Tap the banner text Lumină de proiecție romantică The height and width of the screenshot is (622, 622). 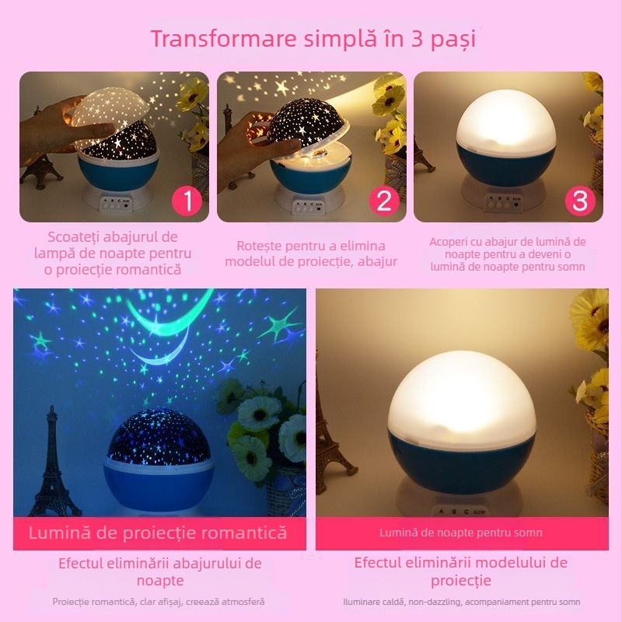click(158, 533)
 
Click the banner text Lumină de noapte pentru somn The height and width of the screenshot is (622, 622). click(461, 533)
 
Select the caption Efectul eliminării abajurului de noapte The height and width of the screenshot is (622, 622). click(160, 571)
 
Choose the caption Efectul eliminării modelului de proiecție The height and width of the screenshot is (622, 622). click(461, 571)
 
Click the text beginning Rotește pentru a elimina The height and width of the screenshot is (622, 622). click(311, 253)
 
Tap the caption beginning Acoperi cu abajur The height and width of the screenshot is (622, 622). click(508, 253)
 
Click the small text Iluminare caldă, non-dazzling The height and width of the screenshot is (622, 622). click(462, 602)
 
